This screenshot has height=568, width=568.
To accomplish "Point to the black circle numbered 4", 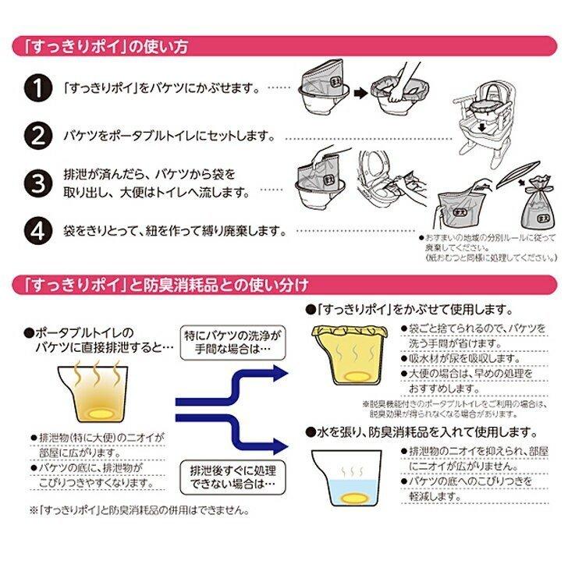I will [37, 231].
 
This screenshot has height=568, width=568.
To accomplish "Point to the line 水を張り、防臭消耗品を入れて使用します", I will [424, 431].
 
